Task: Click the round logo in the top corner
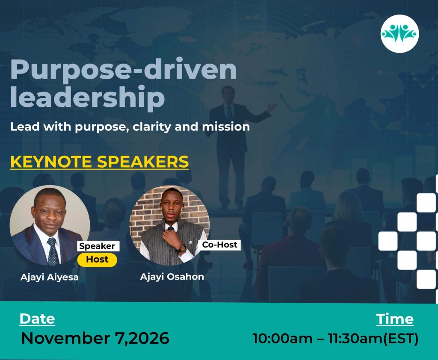(x=400, y=33)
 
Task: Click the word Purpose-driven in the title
(x=124, y=70)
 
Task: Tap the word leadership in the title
(x=87, y=97)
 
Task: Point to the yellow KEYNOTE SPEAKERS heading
(x=99, y=162)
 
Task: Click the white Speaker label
(x=97, y=246)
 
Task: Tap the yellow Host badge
(x=97, y=260)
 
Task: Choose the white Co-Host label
(x=219, y=245)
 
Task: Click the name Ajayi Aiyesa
(x=50, y=277)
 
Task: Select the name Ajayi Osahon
(x=172, y=277)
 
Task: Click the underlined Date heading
(x=37, y=319)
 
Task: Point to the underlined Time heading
(x=395, y=319)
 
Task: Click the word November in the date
(x=66, y=338)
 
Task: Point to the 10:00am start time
(x=282, y=339)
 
